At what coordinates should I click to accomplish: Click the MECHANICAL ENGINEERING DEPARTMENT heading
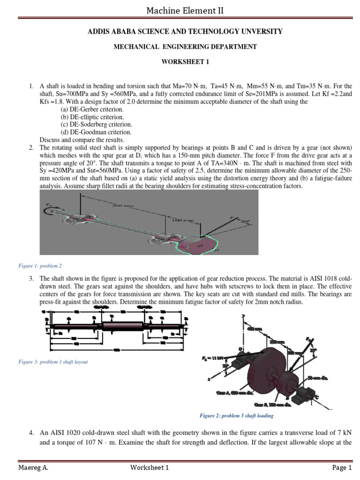(180, 47)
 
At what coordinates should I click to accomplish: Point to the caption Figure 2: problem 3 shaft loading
(236, 415)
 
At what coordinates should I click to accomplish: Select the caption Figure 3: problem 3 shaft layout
(53, 362)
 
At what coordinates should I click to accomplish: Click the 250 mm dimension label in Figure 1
(121, 205)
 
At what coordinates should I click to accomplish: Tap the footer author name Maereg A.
(33, 467)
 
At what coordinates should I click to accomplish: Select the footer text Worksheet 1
(149, 467)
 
